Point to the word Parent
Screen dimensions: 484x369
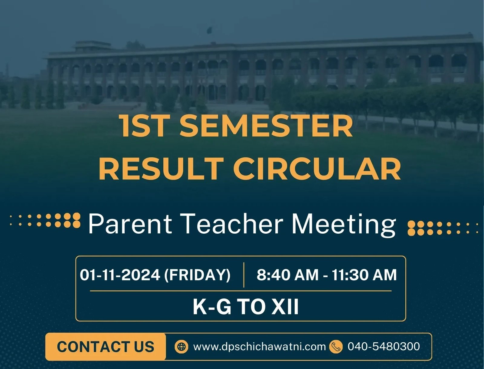pos(130,224)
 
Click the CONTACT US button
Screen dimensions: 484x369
pos(105,347)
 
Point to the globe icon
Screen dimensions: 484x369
pos(181,347)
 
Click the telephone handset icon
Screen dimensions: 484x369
pos(336,347)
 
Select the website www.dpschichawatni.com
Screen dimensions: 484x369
pos(260,347)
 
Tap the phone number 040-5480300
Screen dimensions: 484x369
pos(384,346)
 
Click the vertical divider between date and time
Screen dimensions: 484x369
pos(244,275)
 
